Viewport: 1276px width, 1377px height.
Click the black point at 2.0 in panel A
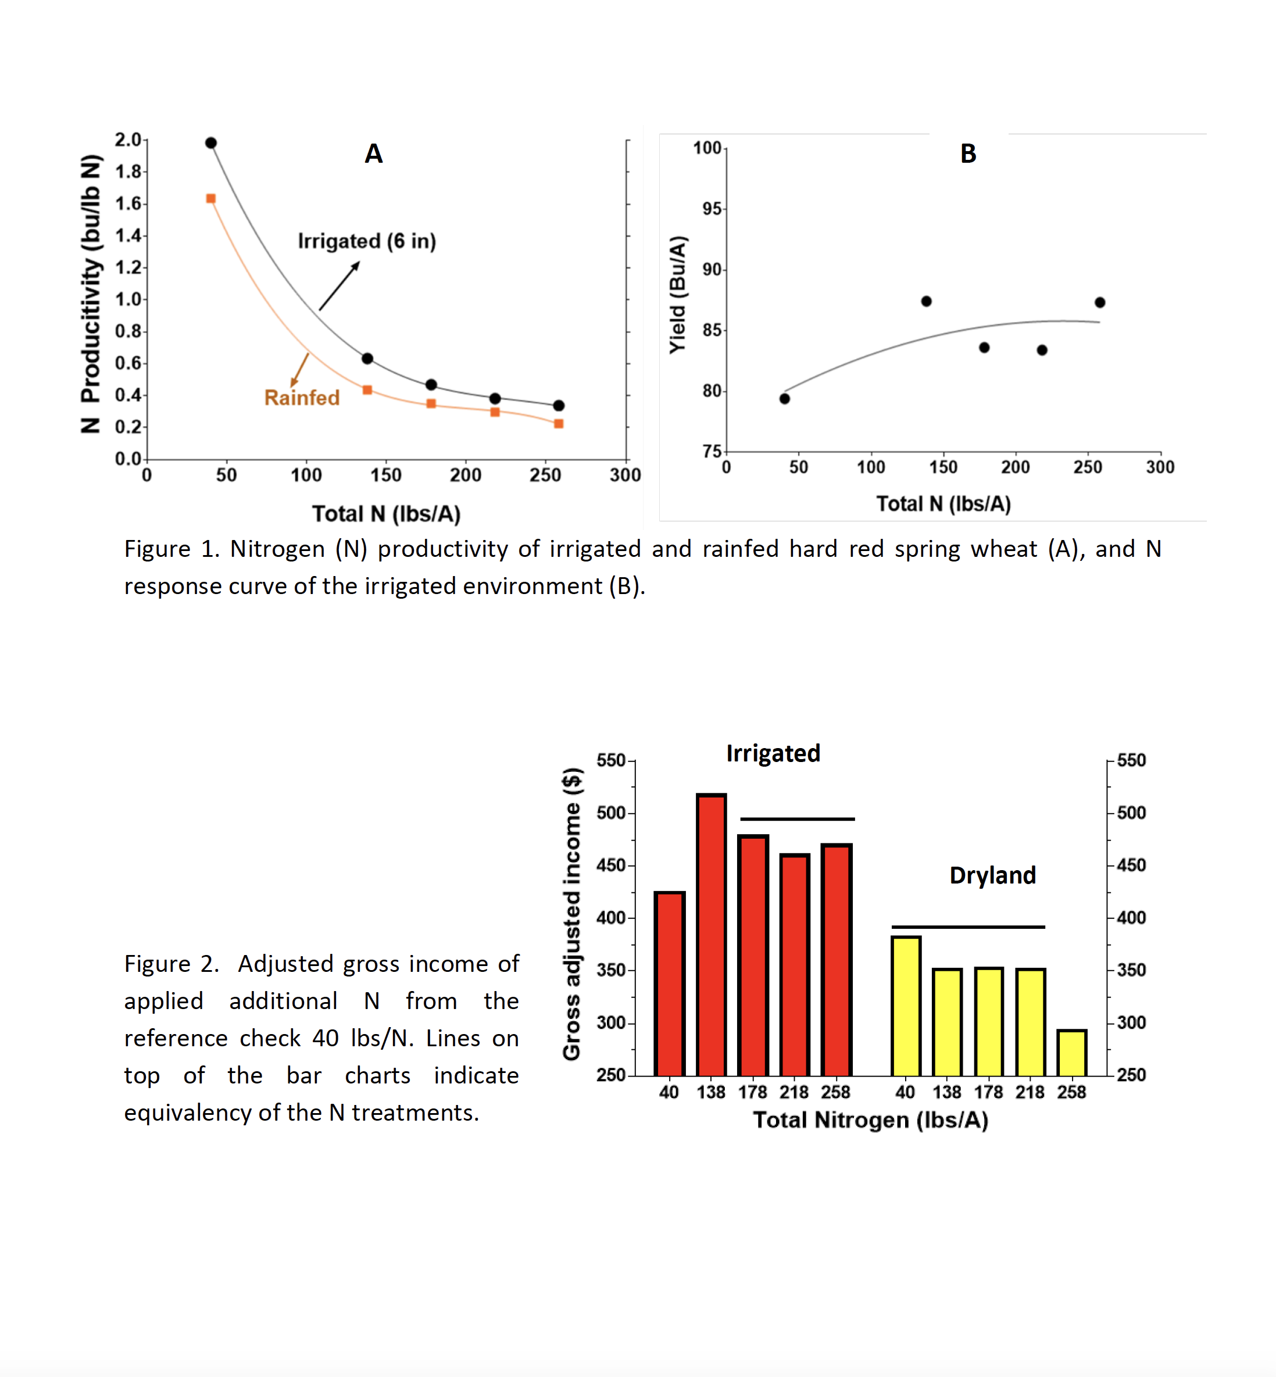pyautogui.click(x=211, y=143)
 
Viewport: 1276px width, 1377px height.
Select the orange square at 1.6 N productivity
pyautogui.click(x=211, y=199)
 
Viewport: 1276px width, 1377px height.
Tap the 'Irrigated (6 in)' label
pyautogui.click(x=367, y=241)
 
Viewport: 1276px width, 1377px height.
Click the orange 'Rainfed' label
pyautogui.click(x=302, y=398)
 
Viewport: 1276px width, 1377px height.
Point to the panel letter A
pyautogui.click(x=374, y=153)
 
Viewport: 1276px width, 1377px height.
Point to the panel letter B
pyautogui.click(x=968, y=153)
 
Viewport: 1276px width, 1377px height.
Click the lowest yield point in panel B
pyautogui.click(x=784, y=399)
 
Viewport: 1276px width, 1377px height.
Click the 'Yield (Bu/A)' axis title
pyautogui.click(x=678, y=295)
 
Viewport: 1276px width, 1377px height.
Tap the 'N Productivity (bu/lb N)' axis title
pyautogui.click(x=91, y=294)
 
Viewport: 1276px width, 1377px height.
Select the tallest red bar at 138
pyautogui.click(x=711, y=935)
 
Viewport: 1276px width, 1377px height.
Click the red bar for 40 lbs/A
pyautogui.click(x=670, y=983)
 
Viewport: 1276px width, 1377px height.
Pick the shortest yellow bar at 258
pyautogui.click(x=1071, y=1053)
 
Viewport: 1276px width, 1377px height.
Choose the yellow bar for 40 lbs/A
pyautogui.click(x=906, y=1006)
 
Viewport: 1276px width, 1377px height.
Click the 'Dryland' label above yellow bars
pyautogui.click(x=992, y=875)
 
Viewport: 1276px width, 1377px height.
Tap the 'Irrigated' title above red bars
pyautogui.click(x=773, y=753)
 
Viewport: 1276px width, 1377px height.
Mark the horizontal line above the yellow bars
pyautogui.click(x=968, y=927)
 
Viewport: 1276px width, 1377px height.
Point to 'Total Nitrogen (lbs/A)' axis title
pyautogui.click(x=871, y=1120)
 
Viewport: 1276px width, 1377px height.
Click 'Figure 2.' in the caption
pyautogui.click(x=172, y=964)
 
